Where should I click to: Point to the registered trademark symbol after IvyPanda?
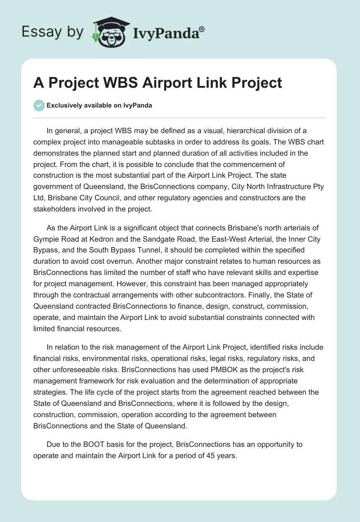[202, 28]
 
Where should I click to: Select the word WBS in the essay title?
[119, 83]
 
